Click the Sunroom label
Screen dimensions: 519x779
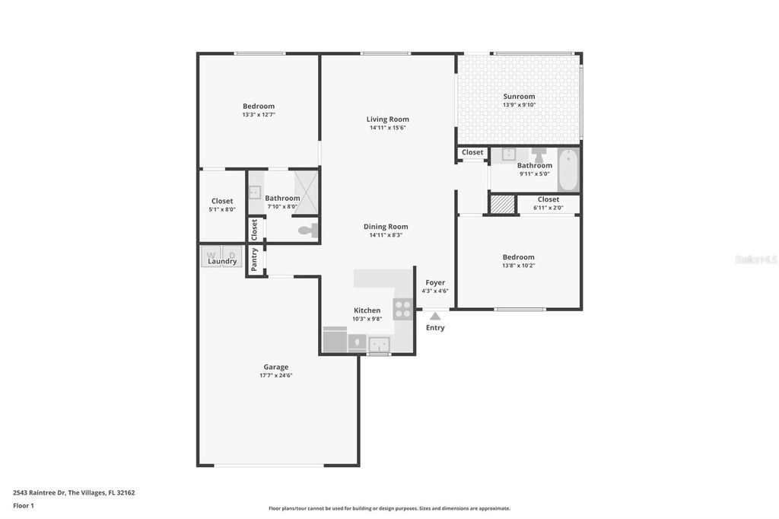tap(519, 97)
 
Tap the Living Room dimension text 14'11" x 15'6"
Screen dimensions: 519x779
tap(388, 128)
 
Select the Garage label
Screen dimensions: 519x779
tap(275, 367)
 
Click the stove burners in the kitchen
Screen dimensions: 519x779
tap(403, 309)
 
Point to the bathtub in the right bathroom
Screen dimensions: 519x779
tap(568, 170)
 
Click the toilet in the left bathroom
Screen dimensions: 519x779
tap(307, 229)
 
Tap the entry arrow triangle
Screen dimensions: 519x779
tap(435, 316)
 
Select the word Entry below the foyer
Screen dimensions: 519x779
tap(435, 328)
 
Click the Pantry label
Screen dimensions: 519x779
tap(255, 259)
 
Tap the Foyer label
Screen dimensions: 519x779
tap(435, 282)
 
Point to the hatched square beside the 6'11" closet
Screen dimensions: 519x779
tap(502, 204)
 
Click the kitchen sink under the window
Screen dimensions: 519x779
tap(379, 345)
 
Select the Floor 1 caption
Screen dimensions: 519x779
tap(24, 505)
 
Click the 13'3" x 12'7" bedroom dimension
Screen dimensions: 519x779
tap(259, 115)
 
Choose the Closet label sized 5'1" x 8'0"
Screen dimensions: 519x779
tap(222, 201)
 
